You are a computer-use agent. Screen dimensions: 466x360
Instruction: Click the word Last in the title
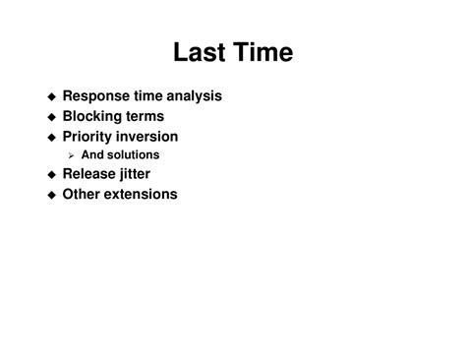(x=200, y=52)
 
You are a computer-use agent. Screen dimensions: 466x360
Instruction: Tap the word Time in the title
(x=263, y=52)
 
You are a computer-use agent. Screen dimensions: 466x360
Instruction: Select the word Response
(x=96, y=96)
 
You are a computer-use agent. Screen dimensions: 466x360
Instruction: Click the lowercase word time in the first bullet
(x=148, y=96)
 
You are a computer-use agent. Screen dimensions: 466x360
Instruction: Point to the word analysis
(x=194, y=96)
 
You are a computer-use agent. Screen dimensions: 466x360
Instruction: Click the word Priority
(x=87, y=137)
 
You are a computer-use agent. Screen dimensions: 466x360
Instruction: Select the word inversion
(x=146, y=137)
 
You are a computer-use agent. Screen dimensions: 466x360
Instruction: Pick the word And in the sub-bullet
(x=92, y=154)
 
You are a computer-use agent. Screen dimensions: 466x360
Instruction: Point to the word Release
(x=88, y=174)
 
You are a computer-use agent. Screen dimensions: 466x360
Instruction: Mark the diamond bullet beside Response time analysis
(x=52, y=96)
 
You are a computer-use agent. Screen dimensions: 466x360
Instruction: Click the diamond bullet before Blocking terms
(x=52, y=117)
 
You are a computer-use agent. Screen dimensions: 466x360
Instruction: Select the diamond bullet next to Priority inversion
(x=52, y=138)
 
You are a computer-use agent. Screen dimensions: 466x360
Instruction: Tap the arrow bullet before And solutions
(x=71, y=156)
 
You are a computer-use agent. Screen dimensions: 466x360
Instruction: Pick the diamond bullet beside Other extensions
(x=52, y=195)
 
